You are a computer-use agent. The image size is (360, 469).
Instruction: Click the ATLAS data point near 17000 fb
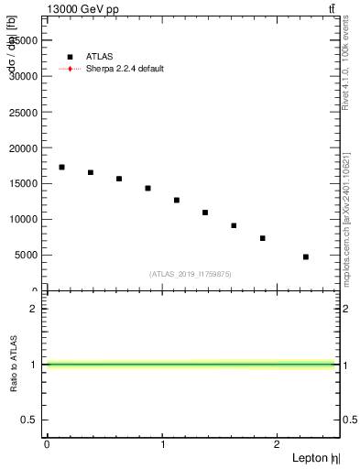click(x=61, y=167)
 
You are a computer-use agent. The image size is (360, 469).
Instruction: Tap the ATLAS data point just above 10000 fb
click(x=205, y=213)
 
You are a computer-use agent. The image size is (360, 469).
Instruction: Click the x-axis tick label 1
click(x=162, y=445)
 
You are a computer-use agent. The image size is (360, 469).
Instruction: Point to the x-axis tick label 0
click(x=47, y=445)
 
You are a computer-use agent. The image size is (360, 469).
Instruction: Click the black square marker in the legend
click(x=70, y=57)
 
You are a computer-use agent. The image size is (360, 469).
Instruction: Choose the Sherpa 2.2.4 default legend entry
click(x=125, y=69)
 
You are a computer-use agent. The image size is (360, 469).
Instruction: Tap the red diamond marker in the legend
click(x=70, y=69)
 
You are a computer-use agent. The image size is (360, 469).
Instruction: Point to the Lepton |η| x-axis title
click(x=316, y=458)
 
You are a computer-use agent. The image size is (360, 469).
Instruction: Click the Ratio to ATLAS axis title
click(x=14, y=365)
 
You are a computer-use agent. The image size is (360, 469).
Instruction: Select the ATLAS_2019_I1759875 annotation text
click(x=191, y=274)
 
